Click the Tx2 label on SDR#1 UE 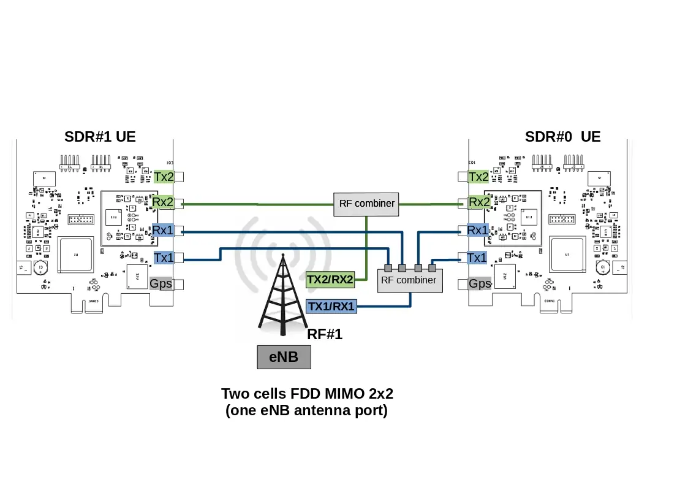tap(164, 177)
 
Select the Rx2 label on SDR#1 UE tap(164, 202)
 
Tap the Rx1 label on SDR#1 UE tap(164, 231)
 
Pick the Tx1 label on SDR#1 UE tap(164, 258)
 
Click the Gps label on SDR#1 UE tap(162, 283)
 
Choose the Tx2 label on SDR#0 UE tap(478, 177)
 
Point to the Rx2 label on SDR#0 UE tap(479, 202)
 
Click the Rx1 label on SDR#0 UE tap(477, 231)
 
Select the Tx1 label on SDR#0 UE tap(477, 258)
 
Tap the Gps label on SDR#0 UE tap(480, 283)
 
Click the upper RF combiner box tap(366, 204)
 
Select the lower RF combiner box tap(409, 281)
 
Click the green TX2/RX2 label tap(330, 280)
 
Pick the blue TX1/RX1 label tap(331, 306)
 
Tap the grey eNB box tap(284, 356)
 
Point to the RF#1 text tap(324, 334)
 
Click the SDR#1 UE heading tap(100, 137)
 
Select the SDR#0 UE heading tap(562, 137)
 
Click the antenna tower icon tap(282, 294)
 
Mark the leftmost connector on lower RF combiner tap(387, 268)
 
